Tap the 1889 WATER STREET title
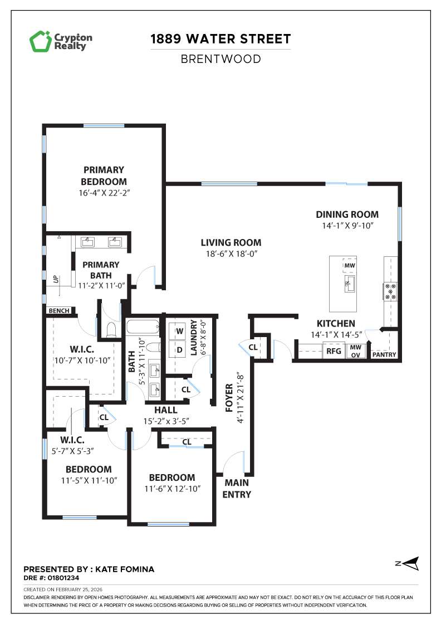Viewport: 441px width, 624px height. [x=220, y=39]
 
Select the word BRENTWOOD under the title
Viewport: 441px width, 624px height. [x=220, y=58]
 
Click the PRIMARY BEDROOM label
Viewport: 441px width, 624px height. [x=104, y=175]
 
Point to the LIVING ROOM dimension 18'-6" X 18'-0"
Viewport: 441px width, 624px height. [x=231, y=253]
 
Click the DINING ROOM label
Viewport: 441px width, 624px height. [x=347, y=214]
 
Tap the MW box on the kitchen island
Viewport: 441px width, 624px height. [x=350, y=266]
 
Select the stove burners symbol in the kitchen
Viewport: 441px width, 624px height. [x=390, y=291]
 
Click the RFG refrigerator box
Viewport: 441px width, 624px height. [x=334, y=351]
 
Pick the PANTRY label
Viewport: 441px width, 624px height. [x=384, y=354]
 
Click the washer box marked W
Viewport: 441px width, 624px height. [x=180, y=331]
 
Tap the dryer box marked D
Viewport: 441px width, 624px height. [x=180, y=349]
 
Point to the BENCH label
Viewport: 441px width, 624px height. [x=58, y=311]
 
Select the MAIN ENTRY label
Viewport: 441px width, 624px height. [x=237, y=489]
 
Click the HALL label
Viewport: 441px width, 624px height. [x=165, y=410]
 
